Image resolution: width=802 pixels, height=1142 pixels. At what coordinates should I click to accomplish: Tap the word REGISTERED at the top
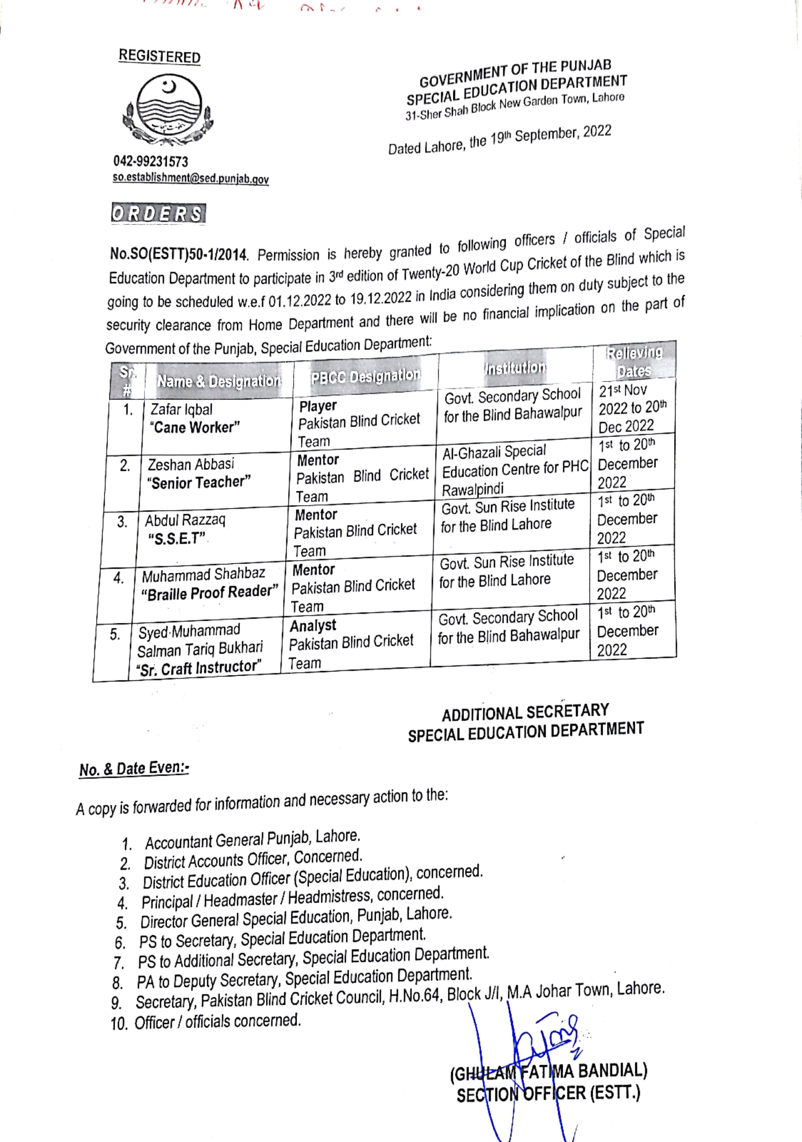(x=159, y=56)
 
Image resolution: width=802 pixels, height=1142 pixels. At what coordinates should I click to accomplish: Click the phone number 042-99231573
(x=151, y=161)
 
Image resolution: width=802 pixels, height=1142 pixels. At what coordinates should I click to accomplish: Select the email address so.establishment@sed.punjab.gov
(x=191, y=178)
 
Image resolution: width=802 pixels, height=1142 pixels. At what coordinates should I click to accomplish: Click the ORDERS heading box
(x=158, y=214)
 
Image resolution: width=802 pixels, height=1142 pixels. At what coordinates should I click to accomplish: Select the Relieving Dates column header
(x=634, y=362)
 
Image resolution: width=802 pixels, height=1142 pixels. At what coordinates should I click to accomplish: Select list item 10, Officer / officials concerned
(x=206, y=1022)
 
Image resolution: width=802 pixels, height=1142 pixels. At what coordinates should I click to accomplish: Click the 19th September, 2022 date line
(x=500, y=140)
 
